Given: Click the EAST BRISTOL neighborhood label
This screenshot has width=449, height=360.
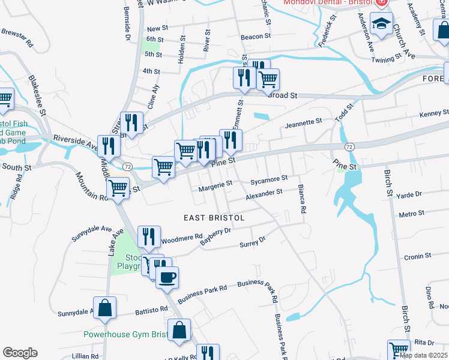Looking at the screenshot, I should [214, 218].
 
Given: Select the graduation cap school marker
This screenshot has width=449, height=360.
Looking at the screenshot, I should [381, 23].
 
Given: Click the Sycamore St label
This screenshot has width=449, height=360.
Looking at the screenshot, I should [269, 179].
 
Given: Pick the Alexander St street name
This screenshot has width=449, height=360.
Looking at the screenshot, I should [264, 194].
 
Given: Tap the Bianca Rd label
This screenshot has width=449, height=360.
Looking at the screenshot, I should [301, 200].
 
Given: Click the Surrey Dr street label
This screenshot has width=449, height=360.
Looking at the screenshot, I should [252, 243].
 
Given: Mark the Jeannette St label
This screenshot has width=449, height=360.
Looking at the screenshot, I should [304, 124].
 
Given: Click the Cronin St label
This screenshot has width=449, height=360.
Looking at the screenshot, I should [414, 257].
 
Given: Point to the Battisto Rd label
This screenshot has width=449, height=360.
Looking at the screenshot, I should [151, 310].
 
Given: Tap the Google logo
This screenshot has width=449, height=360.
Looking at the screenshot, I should [20, 353].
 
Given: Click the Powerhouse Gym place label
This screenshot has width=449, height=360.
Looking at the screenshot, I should [125, 334].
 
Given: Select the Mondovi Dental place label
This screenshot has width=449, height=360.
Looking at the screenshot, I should [328, 2].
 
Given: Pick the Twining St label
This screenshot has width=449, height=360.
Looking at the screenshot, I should [385, 59].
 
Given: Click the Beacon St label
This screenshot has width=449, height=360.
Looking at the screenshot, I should [252, 37].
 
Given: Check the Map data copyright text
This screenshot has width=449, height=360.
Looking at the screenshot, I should [423, 355].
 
